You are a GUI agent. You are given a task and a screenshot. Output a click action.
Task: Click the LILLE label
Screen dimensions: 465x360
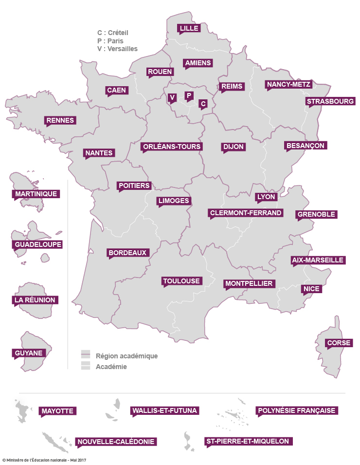click(189, 28)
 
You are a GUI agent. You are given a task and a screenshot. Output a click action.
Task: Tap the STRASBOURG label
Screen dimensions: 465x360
click(330, 102)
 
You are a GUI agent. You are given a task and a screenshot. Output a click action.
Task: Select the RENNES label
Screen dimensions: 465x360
click(60, 120)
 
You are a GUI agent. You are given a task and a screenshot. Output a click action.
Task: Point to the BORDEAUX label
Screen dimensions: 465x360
click(127, 253)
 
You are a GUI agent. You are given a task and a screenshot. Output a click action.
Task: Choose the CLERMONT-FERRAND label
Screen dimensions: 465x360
click(246, 213)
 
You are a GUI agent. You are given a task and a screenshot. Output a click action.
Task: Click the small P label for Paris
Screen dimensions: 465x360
click(189, 95)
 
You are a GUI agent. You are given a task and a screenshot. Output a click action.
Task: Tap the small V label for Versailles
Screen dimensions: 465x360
click(172, 98)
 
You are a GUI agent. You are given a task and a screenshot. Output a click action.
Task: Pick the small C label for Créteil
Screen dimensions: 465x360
click(203, 103)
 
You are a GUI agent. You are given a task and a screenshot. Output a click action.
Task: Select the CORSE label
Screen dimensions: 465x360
click(339, 343)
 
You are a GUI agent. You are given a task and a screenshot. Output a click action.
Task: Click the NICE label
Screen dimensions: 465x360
click(311, 289)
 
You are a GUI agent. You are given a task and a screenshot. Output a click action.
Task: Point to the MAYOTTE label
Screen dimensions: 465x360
click(57, 411)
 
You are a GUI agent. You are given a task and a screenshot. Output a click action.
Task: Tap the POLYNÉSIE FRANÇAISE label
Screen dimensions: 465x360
click(296, 410)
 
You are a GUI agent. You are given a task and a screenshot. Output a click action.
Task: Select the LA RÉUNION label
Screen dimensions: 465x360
click(35, 300)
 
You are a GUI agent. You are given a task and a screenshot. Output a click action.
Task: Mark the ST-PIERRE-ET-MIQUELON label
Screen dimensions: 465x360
click(248, 442)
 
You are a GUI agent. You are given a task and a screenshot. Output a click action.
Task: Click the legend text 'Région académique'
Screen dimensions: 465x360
click(126, 356)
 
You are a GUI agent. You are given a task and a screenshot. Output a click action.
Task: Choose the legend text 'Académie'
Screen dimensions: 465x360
click(111, 367)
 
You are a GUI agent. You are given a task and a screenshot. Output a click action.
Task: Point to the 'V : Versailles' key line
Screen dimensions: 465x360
click(117, 49)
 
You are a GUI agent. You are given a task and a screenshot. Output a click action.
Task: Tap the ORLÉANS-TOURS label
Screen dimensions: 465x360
click(171, 147)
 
